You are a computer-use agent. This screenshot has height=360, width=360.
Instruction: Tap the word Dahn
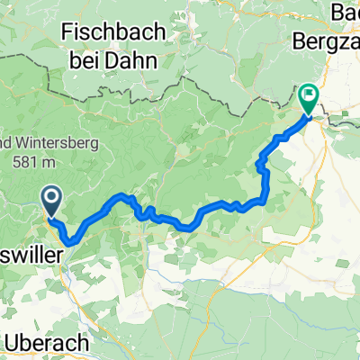point(135,62)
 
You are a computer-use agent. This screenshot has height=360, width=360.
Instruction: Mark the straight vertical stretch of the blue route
point(265,184)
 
